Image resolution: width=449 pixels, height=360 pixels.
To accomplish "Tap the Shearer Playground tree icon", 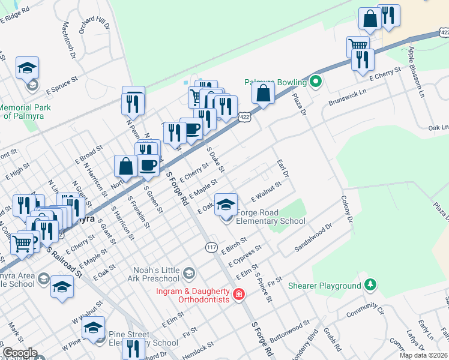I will coord(372,286).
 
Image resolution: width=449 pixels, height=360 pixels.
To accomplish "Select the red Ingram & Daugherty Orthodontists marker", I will coord(239,294).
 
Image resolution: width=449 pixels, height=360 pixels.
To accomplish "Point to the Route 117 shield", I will coord(211,247).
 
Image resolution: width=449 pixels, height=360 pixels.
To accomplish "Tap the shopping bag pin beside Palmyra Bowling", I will coord(263,93).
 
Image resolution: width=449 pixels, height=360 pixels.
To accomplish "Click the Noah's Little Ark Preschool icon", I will coord(188,274).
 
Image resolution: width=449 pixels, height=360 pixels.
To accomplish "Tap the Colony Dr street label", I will coord(347,209).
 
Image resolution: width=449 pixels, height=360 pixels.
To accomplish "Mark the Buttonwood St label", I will coord(291,329).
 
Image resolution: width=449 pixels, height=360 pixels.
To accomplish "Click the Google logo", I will coord(20,353).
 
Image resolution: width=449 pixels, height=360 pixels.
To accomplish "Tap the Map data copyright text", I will coord(424,355).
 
